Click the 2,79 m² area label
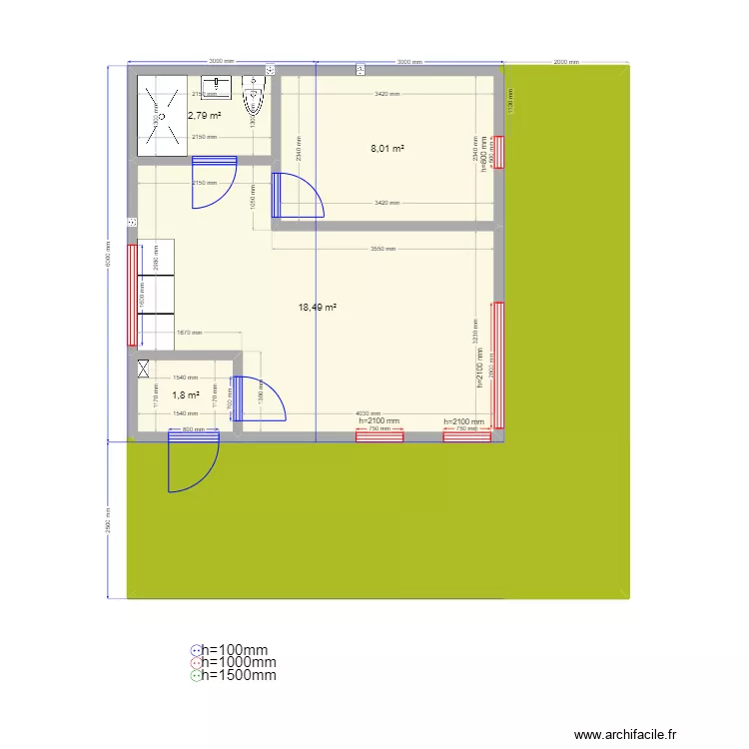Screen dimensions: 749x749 click(x=204, y=115)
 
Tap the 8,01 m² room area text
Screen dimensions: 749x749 click(x=387, y=149)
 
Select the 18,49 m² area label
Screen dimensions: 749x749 click(x=317, y=308)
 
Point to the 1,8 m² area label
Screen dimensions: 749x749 click(x=186, y=395)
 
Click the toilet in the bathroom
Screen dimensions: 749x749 click(x=254, y=101)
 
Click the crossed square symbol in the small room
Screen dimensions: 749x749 click(x=144, y=369)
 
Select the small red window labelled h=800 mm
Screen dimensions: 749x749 click(x=500, y=151)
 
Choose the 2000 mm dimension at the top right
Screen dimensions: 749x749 click(x=566, y=62)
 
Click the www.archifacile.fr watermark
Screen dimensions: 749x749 click(x=626, y=734)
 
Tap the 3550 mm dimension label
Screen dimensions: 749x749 click(x=382, y=249)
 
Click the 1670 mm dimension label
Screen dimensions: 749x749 click(x=190, y=333)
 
